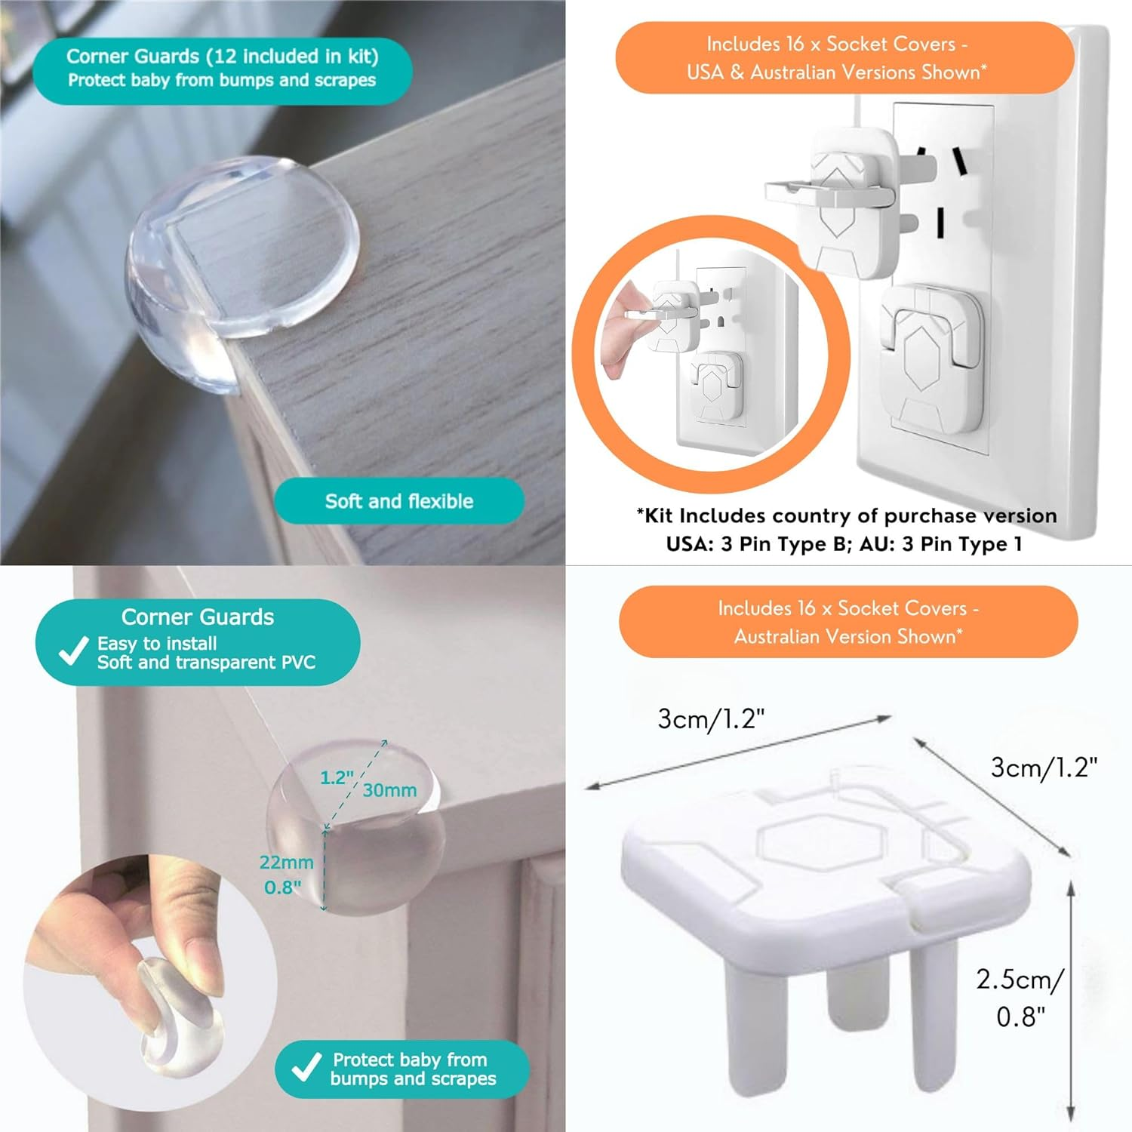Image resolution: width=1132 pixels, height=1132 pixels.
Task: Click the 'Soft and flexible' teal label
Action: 398,501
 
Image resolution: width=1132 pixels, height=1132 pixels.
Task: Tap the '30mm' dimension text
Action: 389,790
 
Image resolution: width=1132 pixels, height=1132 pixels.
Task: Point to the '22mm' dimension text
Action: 286,862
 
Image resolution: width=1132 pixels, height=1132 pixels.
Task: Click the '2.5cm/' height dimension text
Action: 1019,979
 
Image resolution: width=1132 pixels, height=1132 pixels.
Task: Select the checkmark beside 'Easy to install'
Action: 73,651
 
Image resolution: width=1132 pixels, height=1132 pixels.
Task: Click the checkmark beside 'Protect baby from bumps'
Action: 306,1069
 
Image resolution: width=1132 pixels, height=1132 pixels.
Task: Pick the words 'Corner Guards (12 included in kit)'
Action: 222,57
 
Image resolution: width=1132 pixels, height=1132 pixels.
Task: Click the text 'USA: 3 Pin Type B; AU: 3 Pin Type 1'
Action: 844,544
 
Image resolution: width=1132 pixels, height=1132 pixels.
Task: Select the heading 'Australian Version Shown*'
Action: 848,636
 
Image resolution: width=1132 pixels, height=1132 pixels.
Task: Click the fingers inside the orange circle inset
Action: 623,332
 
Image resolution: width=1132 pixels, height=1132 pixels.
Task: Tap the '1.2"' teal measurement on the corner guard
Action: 337,777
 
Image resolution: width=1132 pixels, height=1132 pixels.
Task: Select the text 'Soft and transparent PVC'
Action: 206,663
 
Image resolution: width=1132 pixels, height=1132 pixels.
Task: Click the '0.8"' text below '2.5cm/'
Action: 1020,1017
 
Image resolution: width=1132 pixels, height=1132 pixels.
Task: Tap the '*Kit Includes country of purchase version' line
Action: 846,515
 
